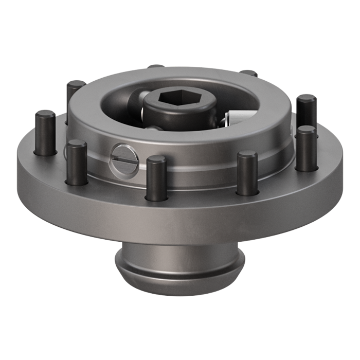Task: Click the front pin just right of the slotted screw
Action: pyautogui.click(x=155, y=177)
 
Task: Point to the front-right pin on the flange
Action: pyautogui.click(x=247, y=173)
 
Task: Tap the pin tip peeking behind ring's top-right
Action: pyautogui.click(x=249, y=73)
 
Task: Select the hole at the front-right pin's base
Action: pyautogui.click(x=247, y=194)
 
